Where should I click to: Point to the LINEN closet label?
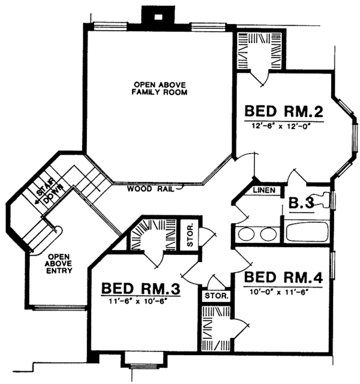(265, 190)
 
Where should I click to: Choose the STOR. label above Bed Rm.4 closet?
(216, 296)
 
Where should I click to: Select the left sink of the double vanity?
(247, 233)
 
